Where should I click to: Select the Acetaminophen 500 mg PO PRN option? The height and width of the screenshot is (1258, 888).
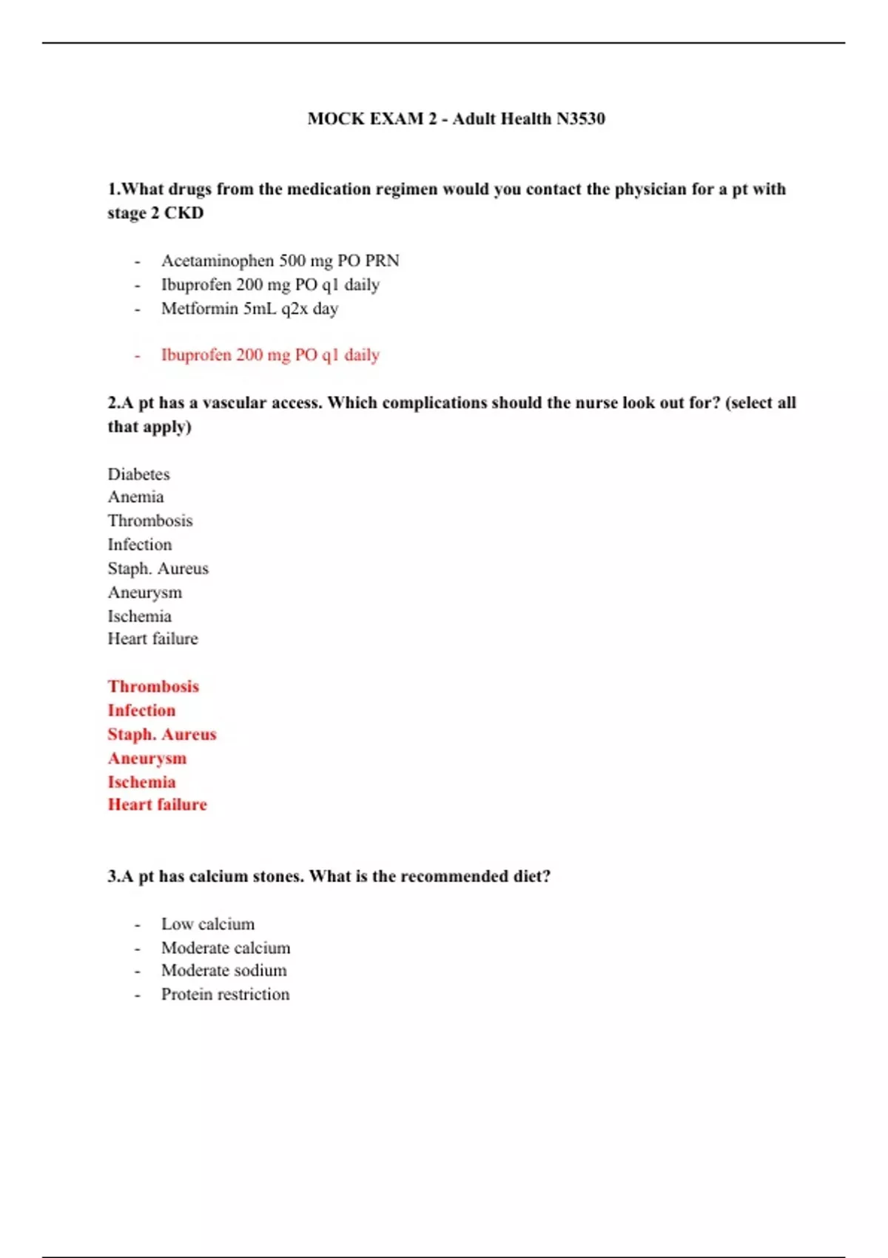click(280, 260)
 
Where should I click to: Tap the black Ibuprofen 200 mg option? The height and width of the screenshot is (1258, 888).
click(270, 285)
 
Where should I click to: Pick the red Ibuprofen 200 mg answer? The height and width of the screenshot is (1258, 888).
click(270, 355)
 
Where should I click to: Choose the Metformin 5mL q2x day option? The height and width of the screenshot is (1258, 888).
click(249, 309)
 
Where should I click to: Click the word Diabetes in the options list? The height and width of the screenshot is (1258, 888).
click(138, 474)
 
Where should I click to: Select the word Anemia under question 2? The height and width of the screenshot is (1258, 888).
click(135, 497)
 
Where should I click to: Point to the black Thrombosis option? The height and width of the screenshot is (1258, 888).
click(149, 521)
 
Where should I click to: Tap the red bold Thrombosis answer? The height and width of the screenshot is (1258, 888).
click(153, 687)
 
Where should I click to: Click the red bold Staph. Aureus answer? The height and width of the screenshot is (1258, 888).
click(162, 735)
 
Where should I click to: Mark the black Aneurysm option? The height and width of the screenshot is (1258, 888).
click(144, 593)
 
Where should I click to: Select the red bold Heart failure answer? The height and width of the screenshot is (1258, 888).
click(157, 805)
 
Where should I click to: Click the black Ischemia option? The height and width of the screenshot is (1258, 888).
click(139, 616)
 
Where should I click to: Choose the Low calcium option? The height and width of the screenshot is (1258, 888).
click(207, 924)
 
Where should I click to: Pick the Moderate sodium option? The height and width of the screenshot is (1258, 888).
click(223, 971)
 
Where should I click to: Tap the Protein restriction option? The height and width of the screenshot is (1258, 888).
click(225, 995)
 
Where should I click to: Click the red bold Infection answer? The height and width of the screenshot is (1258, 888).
click(141, 711)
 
